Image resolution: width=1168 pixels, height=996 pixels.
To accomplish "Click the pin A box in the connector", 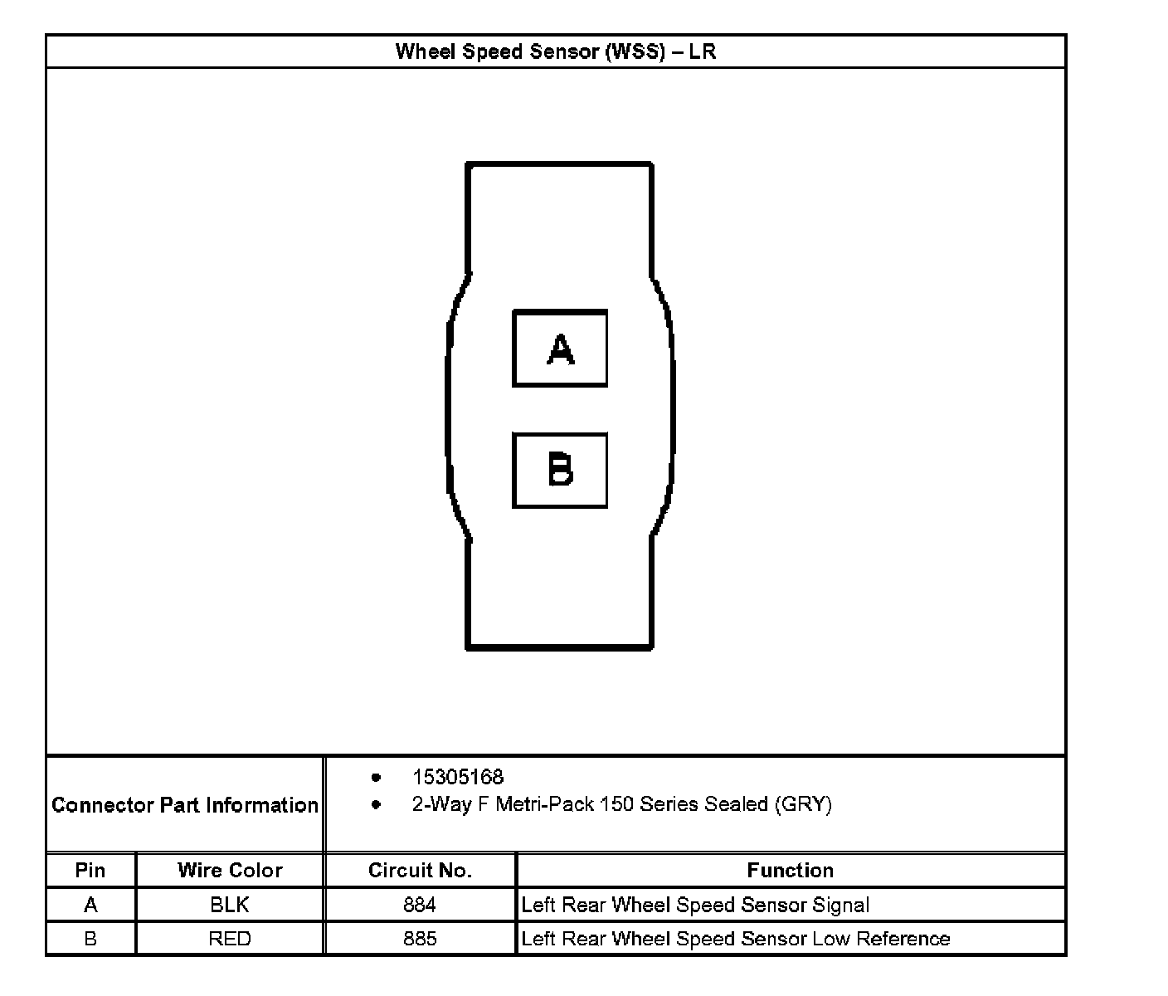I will point(560,349).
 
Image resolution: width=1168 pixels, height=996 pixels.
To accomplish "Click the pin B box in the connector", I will point(560,470).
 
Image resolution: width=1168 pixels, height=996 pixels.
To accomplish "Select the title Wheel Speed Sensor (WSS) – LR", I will point(555,51).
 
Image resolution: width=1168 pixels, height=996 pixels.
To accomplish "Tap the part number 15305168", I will point(458,777).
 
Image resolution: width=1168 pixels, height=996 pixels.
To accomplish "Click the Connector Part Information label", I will point(185,805).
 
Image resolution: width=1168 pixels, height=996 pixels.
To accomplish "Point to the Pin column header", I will point(90,870).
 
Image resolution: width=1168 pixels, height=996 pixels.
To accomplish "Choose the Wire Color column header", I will point(230,870).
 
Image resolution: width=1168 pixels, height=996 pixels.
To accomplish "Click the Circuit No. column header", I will point(420,870).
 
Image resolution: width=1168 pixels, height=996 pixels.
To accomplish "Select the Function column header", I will point(790,870).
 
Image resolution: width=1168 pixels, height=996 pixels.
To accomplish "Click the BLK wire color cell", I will point(230,905).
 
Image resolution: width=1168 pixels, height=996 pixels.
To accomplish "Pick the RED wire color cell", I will point(230,939).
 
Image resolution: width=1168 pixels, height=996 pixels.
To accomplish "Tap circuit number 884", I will point(420,905).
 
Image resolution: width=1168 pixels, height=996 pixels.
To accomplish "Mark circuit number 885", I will point(420,939).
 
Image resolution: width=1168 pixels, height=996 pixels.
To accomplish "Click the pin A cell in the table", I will point(90,905).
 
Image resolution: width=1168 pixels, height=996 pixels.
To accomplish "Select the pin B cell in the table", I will point(90,939).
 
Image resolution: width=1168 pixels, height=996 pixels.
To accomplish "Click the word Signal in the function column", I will point(841,905).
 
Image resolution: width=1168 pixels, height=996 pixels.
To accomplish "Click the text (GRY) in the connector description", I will point(803,804).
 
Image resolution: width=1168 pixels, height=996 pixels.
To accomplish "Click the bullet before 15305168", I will point(377,778).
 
